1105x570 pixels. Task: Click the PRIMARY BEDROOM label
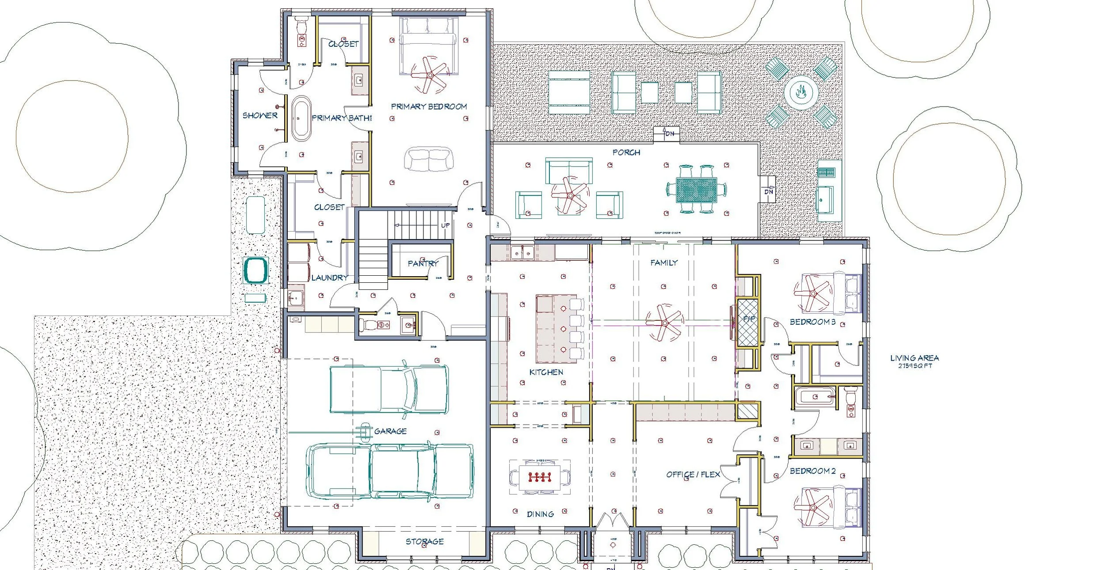pyautogui.click(x=429, y=106)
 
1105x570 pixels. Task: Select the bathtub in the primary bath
pyautogui.click(x=301, y=118)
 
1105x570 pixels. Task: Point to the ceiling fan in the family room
pyautogui.click(x=663, y=323)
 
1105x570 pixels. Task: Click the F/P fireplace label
pyautogui.click(x=749, y=319)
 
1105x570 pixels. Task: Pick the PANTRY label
pyautogui.click(x=423, y=263)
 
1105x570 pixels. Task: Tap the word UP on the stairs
pyautogui.click(x=445, y=225)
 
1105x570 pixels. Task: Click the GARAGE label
pyautogui.click(x=390, y=431)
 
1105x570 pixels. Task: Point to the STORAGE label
pyautogui.click(x=424, y=541)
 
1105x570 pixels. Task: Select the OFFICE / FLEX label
pyautogui.click(x=693, y=475)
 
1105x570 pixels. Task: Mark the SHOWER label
pyautogui.click(x=260, y=115)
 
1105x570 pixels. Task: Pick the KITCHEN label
pyautogui.click(x=546, y=372)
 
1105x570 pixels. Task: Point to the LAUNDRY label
pyautogui.click(x=329, y=277)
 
